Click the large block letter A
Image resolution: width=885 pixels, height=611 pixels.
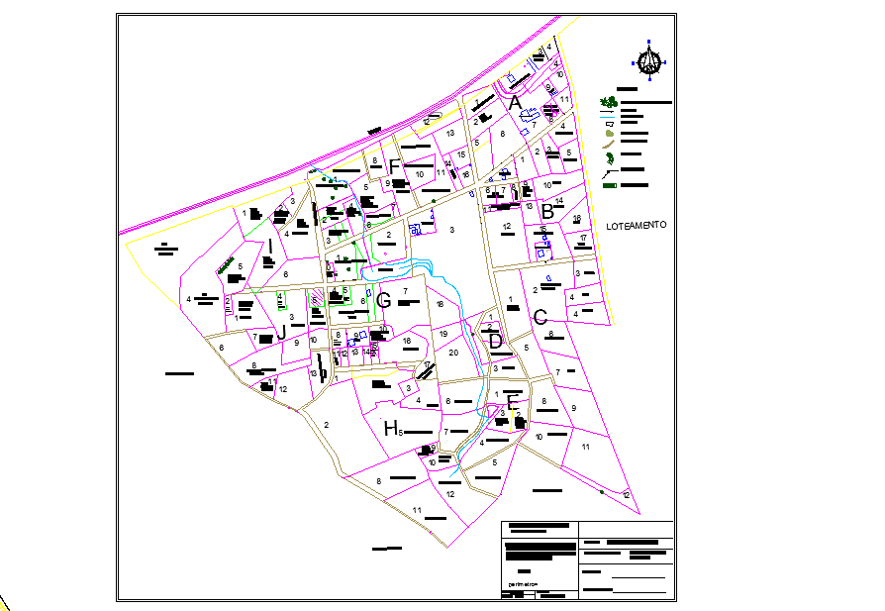click(x=515, y=102)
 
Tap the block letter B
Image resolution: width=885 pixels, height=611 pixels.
click(x=546, y=210)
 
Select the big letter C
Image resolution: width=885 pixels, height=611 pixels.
click(x=541, y=318)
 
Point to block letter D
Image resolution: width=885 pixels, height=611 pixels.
click(x=495, y=342)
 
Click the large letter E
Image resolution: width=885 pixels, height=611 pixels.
click(x=512, y=402)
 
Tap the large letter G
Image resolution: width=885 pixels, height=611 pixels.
click(x=384, y=299)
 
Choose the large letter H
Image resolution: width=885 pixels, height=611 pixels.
click(x=391, y=428)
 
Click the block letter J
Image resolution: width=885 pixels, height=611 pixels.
click(x=281, y=333)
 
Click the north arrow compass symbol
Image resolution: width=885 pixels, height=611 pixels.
click(x=649, y=61)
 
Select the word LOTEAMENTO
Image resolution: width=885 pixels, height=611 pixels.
click(x=636, y=225)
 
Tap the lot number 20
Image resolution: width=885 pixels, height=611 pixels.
click(x=453, y=352)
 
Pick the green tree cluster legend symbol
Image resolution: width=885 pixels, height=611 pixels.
click(x=608, y=102)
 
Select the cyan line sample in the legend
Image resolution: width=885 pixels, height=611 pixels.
click(x=608, y=117)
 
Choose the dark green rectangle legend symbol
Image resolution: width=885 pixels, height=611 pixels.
click(x=609, y=185)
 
